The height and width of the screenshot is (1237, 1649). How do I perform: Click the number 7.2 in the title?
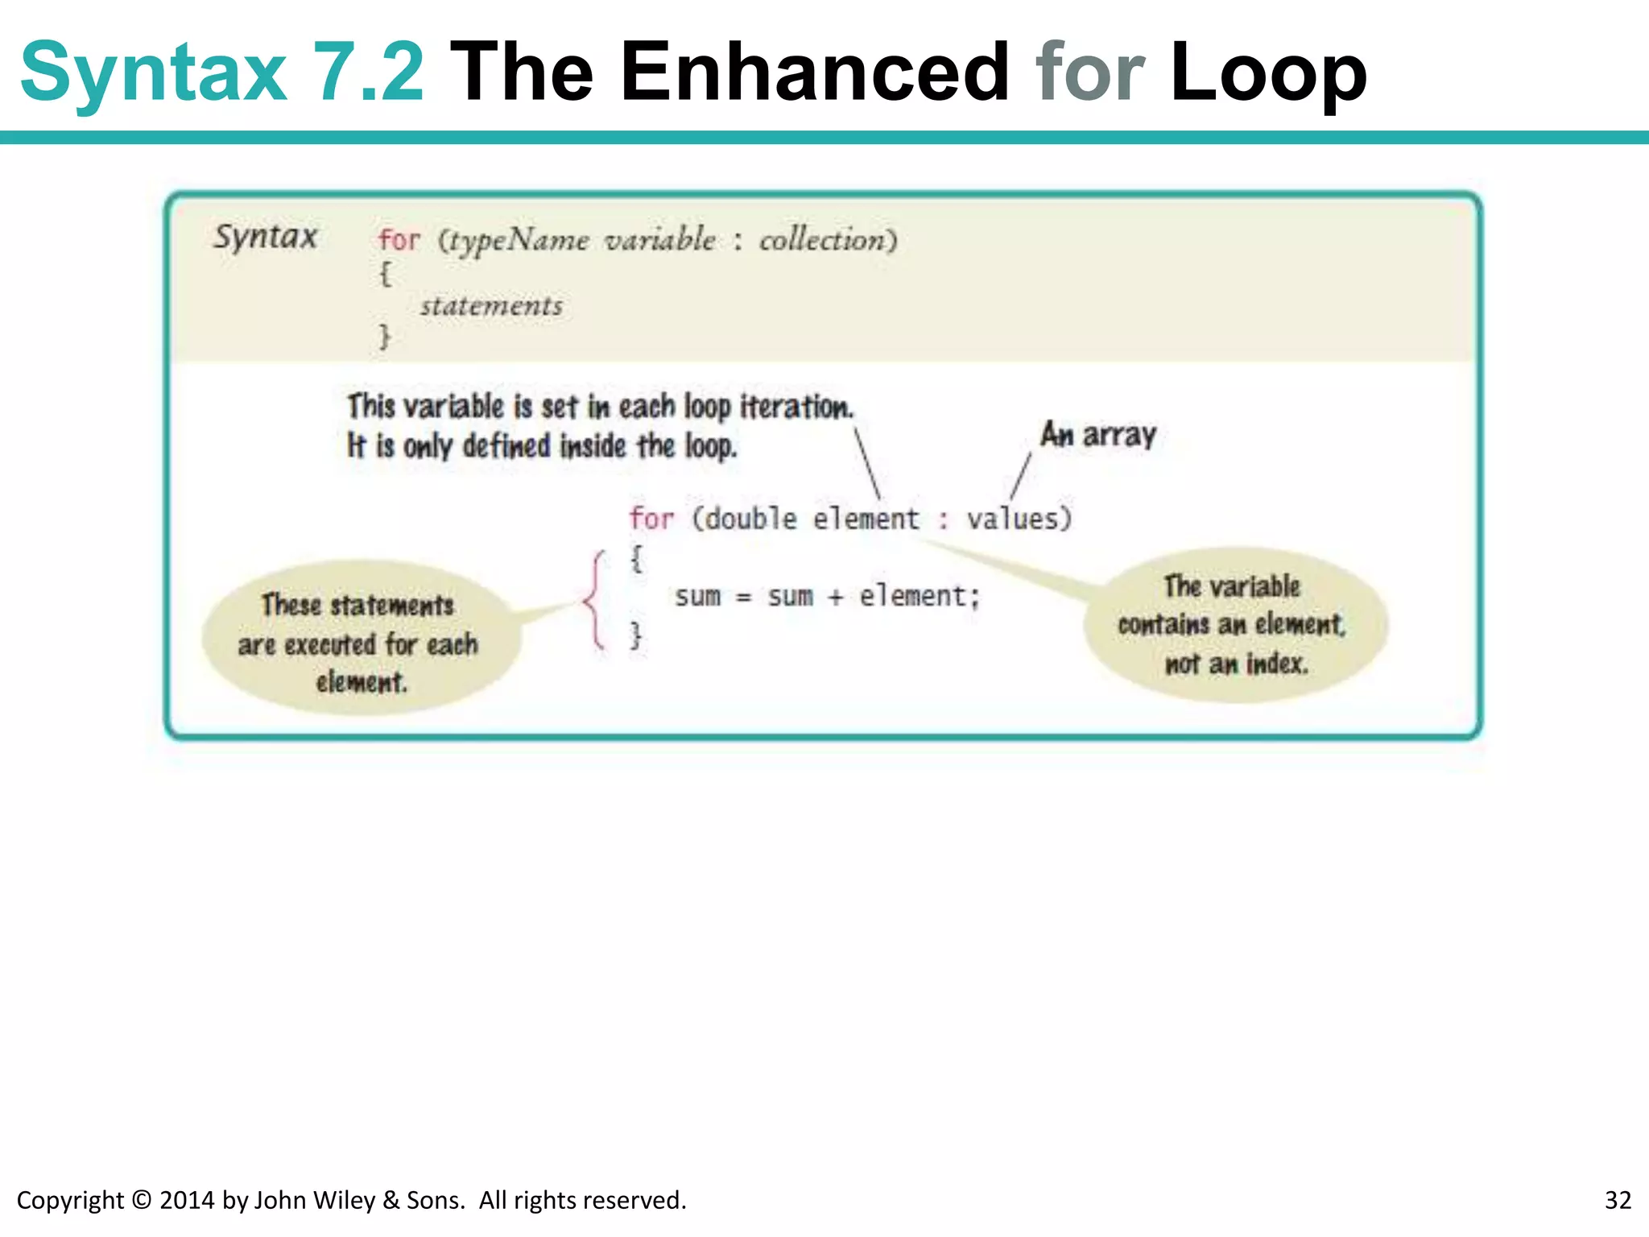coord(367,72)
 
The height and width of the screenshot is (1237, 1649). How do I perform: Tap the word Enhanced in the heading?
coord(814,72)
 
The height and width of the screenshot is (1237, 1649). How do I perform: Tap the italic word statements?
coord(491,306)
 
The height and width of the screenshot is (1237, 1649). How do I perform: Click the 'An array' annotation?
coord(1098,435)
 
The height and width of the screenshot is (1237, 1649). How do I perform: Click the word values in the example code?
coord(1019,519)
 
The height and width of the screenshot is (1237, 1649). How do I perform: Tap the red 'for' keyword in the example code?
coord(651,519)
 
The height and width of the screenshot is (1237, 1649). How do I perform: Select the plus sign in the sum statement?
coord(835,598)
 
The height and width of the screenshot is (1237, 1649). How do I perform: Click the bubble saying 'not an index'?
coord(1235,625)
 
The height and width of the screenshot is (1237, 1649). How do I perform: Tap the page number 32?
coord(1618,1200)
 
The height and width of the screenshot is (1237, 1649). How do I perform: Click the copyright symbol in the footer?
coord(141,1200)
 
